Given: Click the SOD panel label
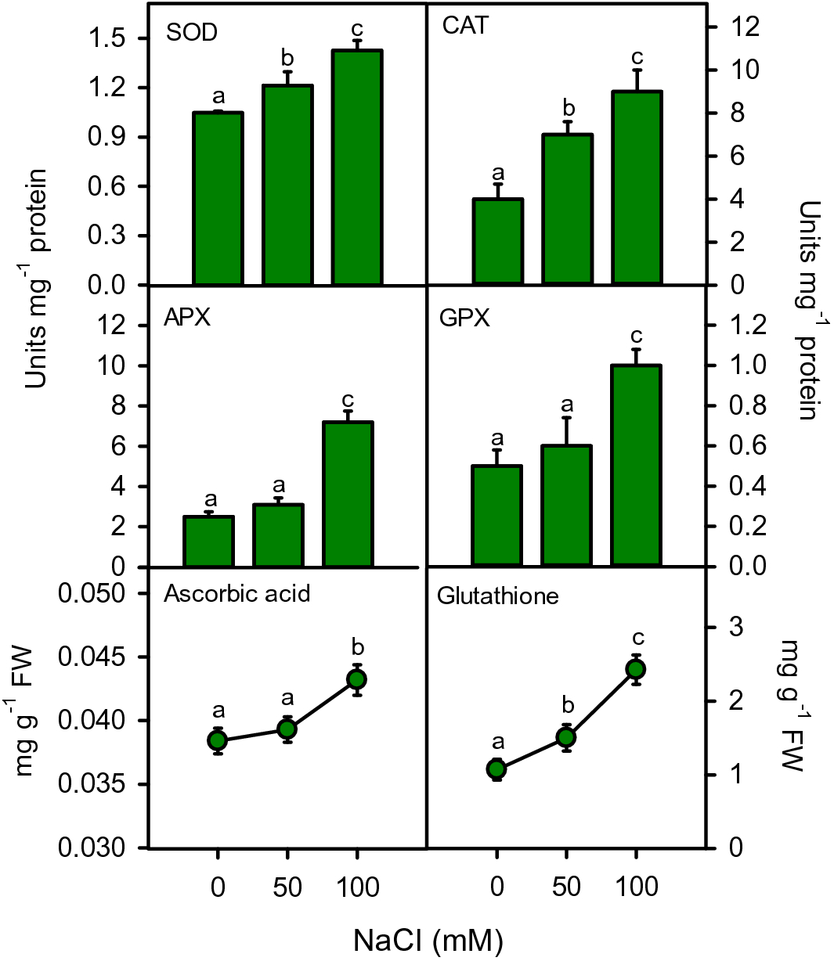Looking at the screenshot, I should (192, 32).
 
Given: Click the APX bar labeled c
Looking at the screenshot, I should (348, 494).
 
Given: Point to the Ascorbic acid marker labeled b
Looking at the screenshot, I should (357, 679).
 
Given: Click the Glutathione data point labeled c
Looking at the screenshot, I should (636, 669).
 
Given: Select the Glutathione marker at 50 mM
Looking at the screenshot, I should (566, 737).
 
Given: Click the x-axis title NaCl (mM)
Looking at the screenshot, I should (428, 939).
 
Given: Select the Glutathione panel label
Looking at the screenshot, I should (498, 596).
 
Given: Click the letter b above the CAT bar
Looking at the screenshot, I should (569, 108).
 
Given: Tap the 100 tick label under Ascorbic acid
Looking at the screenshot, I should (357, 887).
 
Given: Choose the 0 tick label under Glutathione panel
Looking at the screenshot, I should (496, 887).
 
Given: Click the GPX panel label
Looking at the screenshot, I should (464, 318).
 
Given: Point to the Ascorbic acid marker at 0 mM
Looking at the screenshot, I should (218, 740).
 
